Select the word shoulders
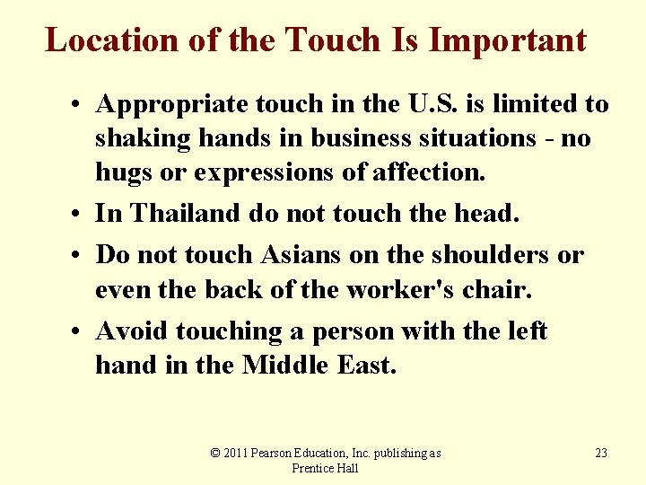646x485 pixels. click(x=492, y=255)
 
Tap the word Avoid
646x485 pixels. click(x=133, y=331)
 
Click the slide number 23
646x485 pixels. click(x=601, y=454)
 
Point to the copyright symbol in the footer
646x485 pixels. click(x=214, y=454)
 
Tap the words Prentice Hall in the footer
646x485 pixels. click(x=325, y=468)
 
